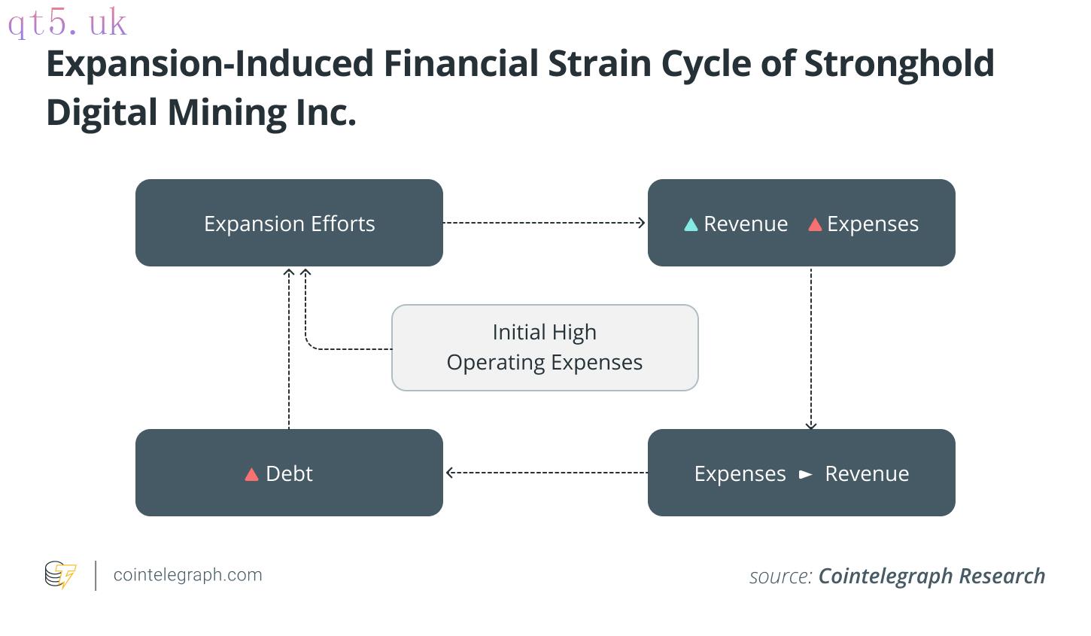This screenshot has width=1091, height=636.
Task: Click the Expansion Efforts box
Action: [x=290, y=223]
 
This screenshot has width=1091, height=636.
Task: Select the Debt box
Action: [x=290, y=473]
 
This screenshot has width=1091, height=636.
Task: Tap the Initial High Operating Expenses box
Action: [x=545, y=348]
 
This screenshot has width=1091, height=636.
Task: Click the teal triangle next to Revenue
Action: [x=691, y=225]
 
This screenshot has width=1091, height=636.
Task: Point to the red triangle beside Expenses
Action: [x=815, y=225]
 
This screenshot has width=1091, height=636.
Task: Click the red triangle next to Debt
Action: [x=251, y=474]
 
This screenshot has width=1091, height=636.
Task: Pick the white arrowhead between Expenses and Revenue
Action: [x=806, y=474]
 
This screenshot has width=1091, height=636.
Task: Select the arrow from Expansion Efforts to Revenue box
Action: [x=544, y=223]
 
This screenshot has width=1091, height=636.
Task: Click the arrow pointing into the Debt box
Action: [x=547, y=472]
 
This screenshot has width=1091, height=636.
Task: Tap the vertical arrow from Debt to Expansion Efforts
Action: [x=289, y=349]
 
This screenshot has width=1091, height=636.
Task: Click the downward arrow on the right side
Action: [x=811, y=348]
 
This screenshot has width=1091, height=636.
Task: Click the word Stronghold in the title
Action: [x=899, y=64]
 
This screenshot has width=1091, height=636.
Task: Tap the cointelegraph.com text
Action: [x=188, y=575]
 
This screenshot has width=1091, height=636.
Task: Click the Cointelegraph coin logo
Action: [x=60, y=574]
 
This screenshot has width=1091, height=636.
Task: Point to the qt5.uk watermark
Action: [x=67, y=23]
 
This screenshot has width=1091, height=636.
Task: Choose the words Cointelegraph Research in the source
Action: [x=931, y=576]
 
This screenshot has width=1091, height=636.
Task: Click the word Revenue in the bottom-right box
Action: [x=867, y=473]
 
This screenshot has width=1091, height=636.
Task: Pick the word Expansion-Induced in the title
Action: [x=210, y=65]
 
